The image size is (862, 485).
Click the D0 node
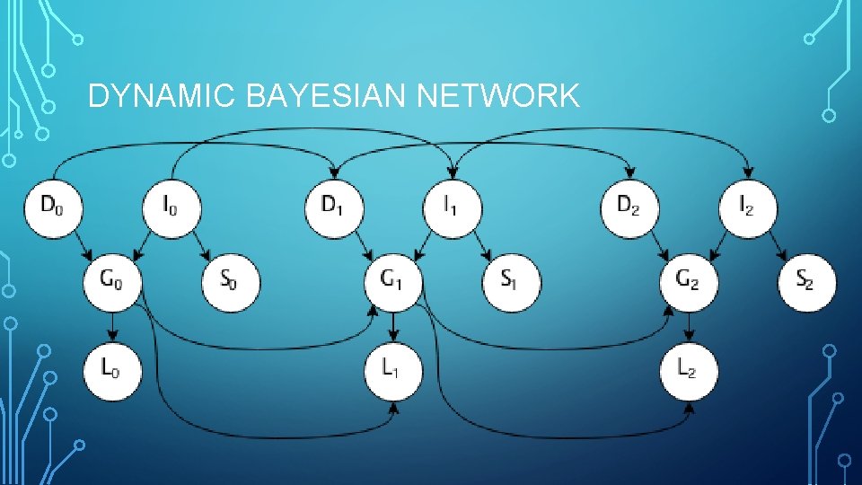pos(55,207)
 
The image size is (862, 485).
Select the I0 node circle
pos(172,207)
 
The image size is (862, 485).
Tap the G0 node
pos(113,282)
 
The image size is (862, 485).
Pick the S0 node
pos(231,282)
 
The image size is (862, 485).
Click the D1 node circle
pos(335,207)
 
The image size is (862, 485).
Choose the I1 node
pos(452,207)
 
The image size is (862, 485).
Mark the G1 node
pos(392,282)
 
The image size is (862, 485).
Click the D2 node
pos(629,207)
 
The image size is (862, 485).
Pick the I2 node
pos(747,207)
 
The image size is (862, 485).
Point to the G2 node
pos(689,282)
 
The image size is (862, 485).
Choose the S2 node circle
pos(806,282)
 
